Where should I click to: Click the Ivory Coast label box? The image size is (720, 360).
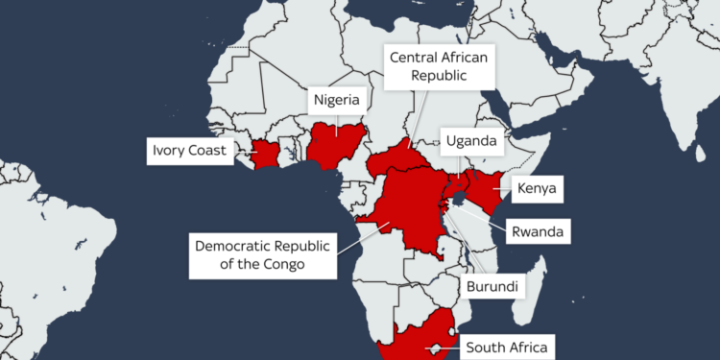(x=188, y=152)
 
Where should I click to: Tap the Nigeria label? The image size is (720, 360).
(x=335, y=100)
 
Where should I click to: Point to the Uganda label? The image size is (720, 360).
(x=471, y=142)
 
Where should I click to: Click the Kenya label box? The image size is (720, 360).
(x=535, y=189)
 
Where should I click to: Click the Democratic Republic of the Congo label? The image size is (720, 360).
(x=261, y=254)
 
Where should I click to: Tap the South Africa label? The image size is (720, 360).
(x=507, y=347)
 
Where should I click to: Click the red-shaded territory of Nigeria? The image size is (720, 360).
(x=336, y=144)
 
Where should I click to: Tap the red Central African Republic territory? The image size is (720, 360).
(x=398, y=158)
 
